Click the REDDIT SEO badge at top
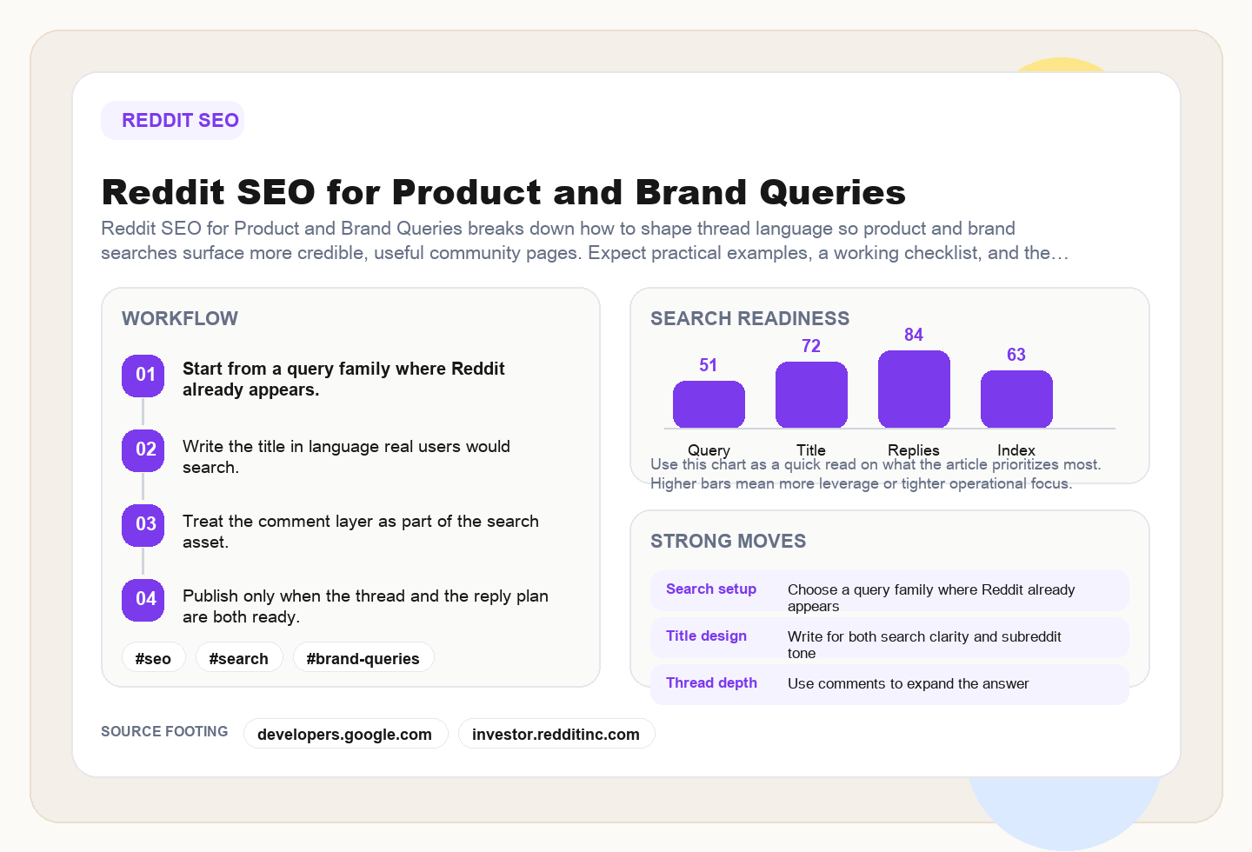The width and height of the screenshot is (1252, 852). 172,121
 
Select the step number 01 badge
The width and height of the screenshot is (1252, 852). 143,376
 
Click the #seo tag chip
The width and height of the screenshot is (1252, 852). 153,658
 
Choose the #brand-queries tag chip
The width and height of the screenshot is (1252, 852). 363,658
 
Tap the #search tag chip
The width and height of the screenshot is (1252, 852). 238,658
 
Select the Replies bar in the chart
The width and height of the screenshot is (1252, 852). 914,389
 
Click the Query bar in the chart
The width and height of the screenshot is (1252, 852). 709,404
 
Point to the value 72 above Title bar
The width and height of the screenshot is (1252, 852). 811,346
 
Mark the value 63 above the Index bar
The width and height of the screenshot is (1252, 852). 1016,355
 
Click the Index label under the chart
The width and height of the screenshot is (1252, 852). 1016,450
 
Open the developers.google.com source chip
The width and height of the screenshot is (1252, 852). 345,734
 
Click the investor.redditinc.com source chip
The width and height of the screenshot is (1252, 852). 556,734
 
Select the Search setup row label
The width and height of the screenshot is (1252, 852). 711,589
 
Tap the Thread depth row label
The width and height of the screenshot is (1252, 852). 711,683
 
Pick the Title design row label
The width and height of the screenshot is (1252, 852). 706,636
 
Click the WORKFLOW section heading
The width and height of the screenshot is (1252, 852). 180,319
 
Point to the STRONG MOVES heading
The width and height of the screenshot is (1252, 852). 728,542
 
